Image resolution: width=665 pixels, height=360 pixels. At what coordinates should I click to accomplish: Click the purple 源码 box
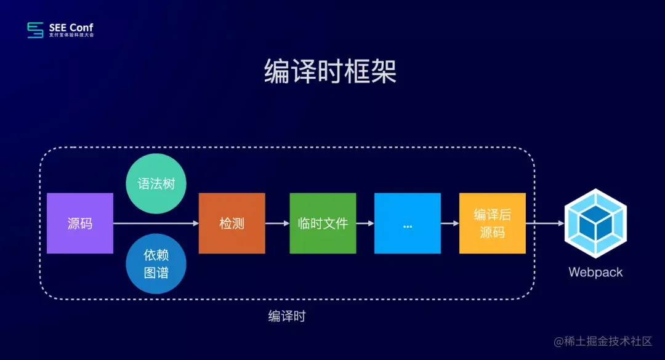80,223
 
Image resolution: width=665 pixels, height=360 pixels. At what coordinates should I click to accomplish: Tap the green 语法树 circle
156,183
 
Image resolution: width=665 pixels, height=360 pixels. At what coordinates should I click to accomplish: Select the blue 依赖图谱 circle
156,263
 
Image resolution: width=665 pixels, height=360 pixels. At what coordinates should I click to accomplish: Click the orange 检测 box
232,223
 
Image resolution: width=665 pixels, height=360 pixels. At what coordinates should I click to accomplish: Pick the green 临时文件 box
323,223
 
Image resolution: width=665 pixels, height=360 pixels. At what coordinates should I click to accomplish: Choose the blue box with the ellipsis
408,223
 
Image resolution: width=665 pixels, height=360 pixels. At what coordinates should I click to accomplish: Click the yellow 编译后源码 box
492,223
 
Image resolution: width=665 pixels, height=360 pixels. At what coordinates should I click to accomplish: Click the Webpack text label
595,272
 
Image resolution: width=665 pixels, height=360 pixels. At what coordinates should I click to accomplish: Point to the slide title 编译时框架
331,72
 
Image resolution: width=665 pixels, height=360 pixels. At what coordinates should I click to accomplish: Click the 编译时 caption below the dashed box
287,316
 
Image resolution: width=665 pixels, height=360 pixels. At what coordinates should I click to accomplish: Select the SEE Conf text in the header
71,27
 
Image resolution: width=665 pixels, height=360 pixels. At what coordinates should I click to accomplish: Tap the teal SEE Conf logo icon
36,30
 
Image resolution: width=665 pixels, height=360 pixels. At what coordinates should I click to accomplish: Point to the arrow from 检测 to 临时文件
277,223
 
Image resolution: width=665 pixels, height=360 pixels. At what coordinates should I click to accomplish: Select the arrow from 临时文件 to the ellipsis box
365,223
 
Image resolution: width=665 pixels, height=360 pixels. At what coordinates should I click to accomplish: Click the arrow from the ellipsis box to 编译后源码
450,223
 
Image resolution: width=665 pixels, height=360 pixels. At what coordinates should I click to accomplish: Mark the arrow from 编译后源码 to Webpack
545,223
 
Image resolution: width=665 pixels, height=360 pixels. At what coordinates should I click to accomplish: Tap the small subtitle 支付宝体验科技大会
71,35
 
